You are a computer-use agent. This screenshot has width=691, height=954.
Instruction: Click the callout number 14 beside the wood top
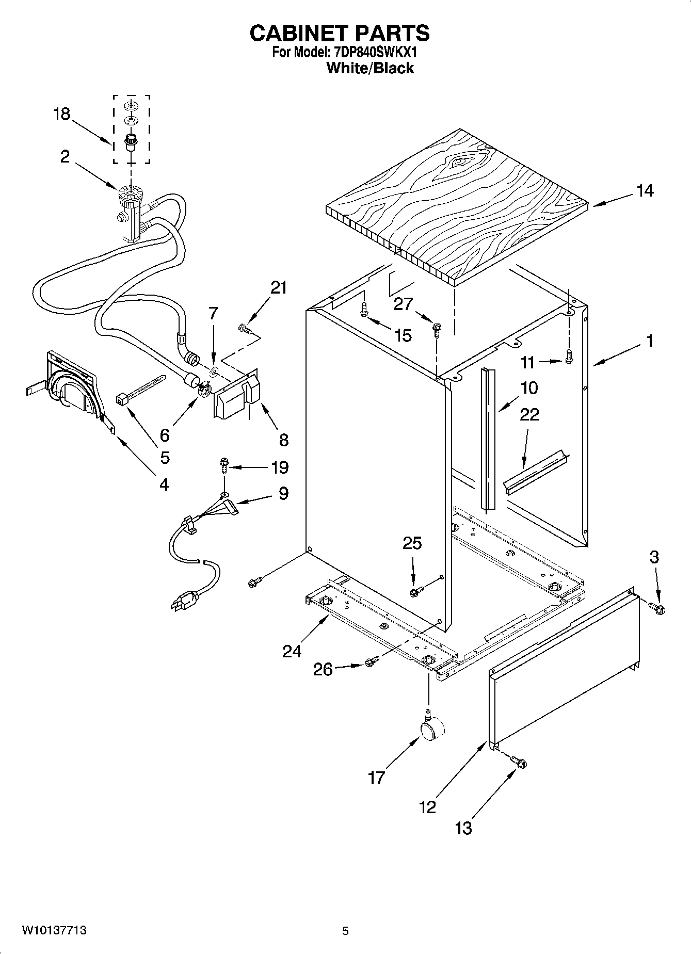(645, 191)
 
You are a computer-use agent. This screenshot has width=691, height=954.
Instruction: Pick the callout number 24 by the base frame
(292, 651)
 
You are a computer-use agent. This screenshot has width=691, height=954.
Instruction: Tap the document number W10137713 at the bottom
(54, 930)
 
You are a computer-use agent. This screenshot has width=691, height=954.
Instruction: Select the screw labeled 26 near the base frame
(371, 661)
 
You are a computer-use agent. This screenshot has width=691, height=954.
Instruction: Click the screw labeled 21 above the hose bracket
(245, 328)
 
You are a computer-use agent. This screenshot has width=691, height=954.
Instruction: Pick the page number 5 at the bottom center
(345, 931)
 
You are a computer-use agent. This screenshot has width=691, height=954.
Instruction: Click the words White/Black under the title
(370, 68)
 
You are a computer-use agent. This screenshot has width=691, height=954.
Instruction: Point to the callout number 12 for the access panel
(427, 806)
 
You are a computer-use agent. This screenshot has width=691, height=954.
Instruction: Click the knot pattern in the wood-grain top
(461, 162)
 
